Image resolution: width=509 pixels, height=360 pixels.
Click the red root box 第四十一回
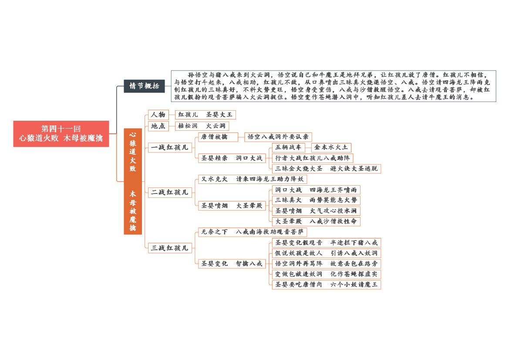(61, 133)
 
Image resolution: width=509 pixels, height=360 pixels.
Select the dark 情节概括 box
(144, 86)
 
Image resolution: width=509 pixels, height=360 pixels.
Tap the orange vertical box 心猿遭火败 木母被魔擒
(133, 181)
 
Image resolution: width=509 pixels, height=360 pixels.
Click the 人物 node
(158, 115)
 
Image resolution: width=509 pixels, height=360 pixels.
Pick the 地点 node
(158, 126)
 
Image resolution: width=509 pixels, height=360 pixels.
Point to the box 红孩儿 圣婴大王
(206, 115)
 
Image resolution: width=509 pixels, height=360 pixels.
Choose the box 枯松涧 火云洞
(202, 126)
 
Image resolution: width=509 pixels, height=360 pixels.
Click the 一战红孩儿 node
(170, 147)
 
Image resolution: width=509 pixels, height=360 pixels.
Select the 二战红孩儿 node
(170, 192)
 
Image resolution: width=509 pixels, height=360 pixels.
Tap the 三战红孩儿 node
(170, 248)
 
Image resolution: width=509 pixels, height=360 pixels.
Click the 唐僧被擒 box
(218, 137)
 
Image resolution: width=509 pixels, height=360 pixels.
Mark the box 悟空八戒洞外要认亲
(278, 137)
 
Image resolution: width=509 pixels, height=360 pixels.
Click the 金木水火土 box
(331, 147)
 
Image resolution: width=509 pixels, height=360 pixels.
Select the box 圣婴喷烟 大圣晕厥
(232, 206)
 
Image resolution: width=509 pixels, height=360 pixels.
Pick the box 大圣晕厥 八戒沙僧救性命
(316, 221)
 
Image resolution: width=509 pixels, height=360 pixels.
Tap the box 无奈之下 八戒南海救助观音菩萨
(253, 232)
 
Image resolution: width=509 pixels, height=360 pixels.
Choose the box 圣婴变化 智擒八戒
(232, 264)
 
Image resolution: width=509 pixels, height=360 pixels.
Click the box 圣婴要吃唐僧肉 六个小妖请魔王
(327, 285)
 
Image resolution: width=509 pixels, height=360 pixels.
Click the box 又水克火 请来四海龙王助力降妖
(253, 179)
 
